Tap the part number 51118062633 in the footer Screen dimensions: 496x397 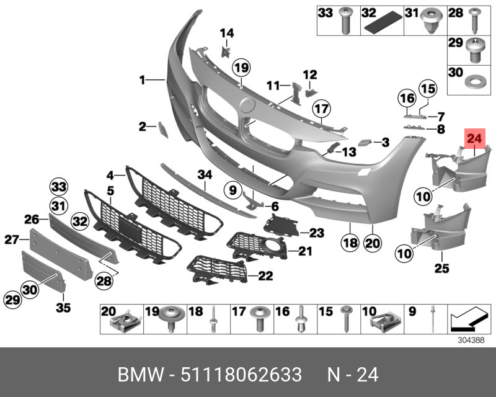coord(241,375)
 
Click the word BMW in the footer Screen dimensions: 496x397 coord(138,375)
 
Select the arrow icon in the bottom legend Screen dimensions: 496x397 coord(466,319)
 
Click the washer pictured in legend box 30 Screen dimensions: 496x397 coord(474,82)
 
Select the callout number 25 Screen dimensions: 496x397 coord(441,269)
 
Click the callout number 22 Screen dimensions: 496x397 coord(265,275)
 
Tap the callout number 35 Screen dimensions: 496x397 coord(63,306)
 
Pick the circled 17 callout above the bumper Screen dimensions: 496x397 coord(319,110)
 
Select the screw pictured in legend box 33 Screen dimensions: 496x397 coord(345,24)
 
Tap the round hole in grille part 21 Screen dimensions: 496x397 coord(272,250)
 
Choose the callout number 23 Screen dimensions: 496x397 coord(317,233)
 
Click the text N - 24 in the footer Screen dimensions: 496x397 coord(352,375)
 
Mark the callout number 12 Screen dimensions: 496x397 coord(309,74)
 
